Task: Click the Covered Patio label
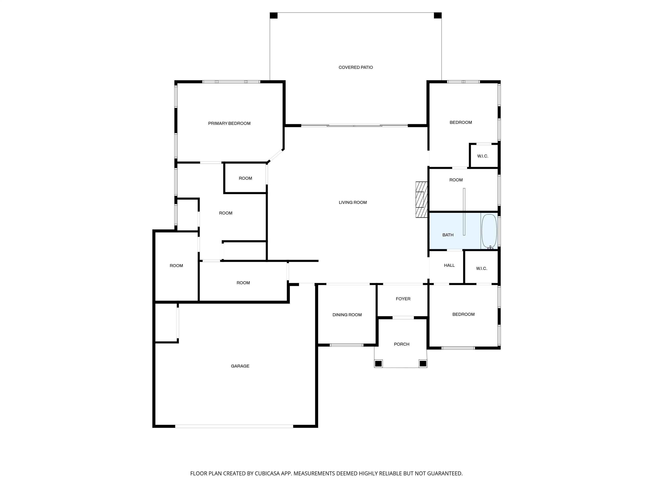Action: [355, 67]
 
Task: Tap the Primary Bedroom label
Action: [229, 124]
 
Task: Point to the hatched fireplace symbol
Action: [421, 200]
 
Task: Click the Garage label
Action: [240, 366]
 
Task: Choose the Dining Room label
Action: [347, 315]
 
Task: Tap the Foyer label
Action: [403, 299]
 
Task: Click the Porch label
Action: [402, 344]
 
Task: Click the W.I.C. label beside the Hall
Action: [481, 268]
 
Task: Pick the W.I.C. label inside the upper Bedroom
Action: [483, 156]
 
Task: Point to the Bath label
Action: [448, 235]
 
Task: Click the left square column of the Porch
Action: [378, 363]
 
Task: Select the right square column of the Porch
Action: [423, 363]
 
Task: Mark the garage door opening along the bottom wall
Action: [234, 426]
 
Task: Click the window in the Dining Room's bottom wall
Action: [346, 345]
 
